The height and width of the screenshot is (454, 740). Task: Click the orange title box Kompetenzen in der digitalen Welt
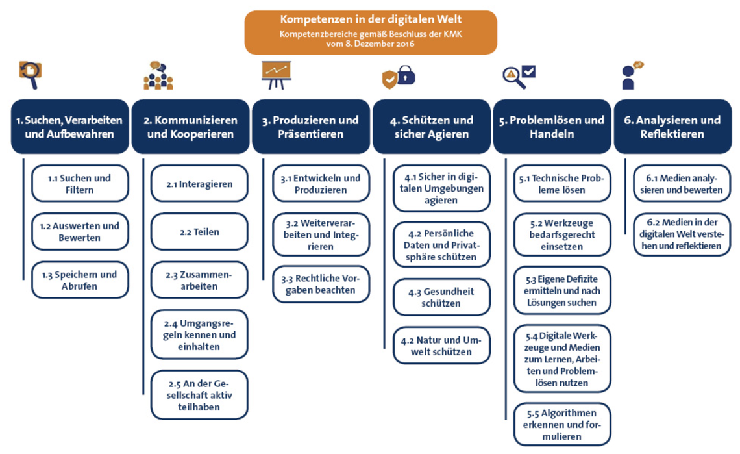point(371,32)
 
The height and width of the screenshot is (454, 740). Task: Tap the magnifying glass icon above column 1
point(31,75)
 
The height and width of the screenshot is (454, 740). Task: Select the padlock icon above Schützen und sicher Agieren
point(406,75)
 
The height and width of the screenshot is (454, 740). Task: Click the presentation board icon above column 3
point(277,75)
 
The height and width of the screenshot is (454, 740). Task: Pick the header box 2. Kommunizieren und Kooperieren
point(190,127)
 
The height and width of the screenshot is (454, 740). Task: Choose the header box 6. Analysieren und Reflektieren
point(672,127)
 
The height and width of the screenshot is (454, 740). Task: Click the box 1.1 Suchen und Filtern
point(80,183)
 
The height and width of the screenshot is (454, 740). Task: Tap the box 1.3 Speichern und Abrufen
point(80,280)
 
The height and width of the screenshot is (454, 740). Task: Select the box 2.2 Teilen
point(199,231)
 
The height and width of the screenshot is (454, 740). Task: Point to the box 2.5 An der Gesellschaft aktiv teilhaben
point(199,395)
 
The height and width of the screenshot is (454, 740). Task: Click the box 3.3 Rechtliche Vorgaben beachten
point(321,284)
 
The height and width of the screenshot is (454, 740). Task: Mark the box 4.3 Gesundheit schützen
point(441,297)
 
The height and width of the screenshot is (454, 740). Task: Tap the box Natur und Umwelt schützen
point(441,346)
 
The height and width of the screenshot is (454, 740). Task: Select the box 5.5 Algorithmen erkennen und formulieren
point(562,424)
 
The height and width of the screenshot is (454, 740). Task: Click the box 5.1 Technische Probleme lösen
point(562,183)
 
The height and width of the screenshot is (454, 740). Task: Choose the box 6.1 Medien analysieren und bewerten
point(682,183)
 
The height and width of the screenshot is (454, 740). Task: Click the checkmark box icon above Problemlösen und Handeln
point(529,71)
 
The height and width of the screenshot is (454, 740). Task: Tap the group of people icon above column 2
point(158,75)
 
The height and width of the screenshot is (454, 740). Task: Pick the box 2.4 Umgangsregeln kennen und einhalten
point(199,334)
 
